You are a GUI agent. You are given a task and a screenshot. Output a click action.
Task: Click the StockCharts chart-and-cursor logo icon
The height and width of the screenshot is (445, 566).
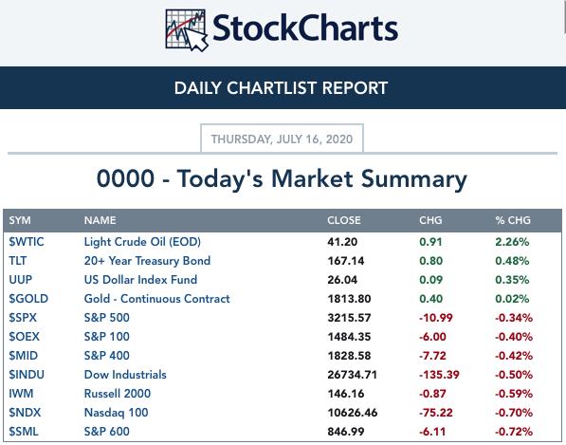(x=186, y=30)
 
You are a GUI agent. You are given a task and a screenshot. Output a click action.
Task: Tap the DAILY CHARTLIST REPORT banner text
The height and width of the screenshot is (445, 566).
(x=281, y=88)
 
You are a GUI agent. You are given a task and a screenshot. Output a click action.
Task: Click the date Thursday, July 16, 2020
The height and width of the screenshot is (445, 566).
(x=282, y=139)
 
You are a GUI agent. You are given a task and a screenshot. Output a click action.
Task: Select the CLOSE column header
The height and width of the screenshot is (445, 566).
(x=343, y=220)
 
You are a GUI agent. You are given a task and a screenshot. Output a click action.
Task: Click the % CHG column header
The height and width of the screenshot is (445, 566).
(x=513, y=220)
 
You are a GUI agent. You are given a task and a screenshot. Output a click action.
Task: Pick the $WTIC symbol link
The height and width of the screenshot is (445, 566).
(x=27, y=242)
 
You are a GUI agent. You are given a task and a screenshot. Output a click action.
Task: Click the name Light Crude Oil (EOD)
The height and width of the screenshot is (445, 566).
(x=142, y=242)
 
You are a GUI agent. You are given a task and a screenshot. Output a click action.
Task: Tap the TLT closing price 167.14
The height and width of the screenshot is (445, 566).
(x=346, y=261)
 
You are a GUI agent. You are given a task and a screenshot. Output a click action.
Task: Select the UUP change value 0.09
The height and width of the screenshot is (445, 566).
(x=430, y=280)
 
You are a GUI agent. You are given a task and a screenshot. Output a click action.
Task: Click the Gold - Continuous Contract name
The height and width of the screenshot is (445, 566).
(x=156, y=299)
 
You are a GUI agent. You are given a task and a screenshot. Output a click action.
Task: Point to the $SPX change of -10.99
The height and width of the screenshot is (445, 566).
(x=436, y=318)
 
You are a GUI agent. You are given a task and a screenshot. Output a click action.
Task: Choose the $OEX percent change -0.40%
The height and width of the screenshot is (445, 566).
(x=514, y=337)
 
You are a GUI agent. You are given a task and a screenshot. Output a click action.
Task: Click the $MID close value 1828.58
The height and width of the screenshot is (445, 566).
(x=349, y=356)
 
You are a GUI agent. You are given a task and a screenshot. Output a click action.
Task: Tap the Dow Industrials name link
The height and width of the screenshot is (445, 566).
(x=125, y=375)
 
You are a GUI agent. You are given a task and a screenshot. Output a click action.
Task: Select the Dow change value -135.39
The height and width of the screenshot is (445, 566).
(x=439, y=375)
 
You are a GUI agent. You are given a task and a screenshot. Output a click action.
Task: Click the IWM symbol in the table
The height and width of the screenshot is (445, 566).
(x=21, y=394)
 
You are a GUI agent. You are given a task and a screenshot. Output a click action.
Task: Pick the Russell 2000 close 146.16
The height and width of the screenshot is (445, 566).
(x=346, y=394)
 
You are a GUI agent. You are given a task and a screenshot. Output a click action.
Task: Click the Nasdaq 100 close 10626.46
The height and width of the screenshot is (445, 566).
(x=353, y=413)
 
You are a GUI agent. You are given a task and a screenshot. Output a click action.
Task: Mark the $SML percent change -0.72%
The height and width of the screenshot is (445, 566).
(x=514, y=432)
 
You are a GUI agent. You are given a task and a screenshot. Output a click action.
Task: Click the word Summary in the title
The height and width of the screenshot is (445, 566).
(x=414, y=179)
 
